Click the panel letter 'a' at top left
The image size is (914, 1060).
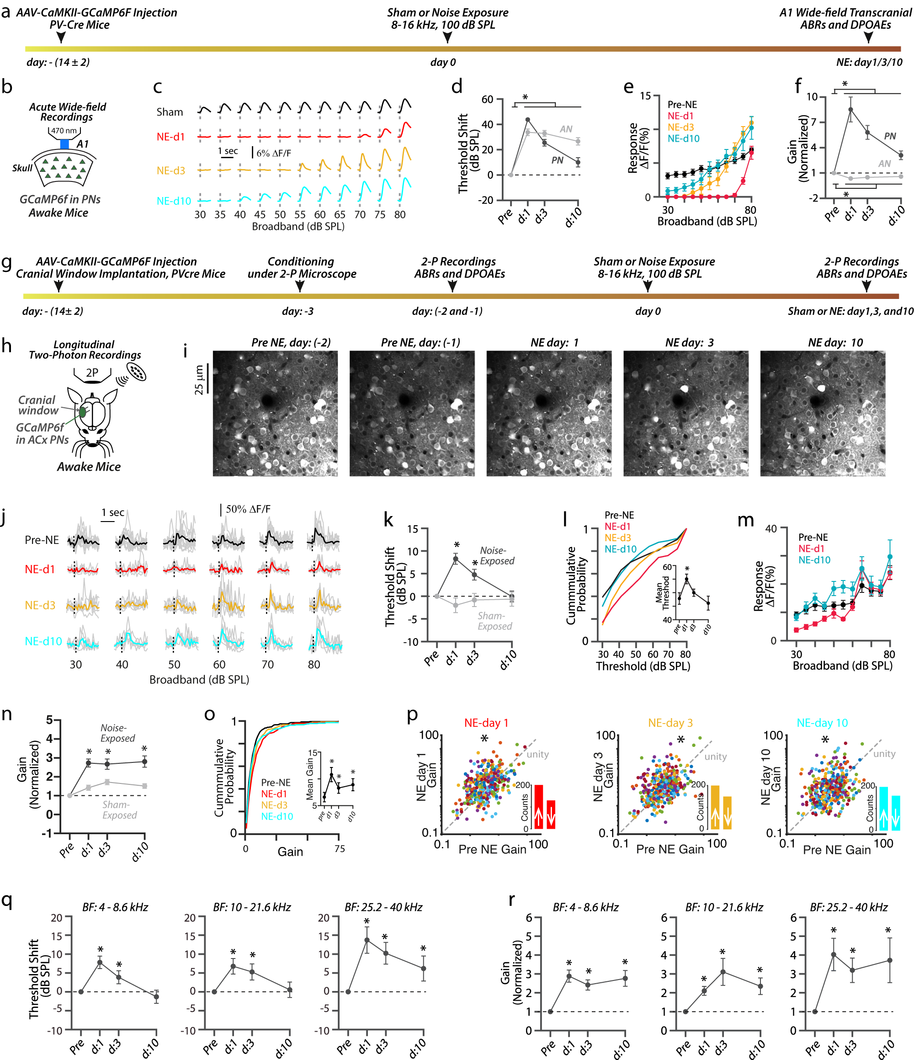pos(5,11)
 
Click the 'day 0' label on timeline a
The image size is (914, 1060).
pos(442,63)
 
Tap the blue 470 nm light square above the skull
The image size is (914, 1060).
pos(64,144)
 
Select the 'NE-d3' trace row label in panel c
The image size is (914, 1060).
pos(171,171)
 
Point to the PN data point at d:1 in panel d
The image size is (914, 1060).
pos(527,120)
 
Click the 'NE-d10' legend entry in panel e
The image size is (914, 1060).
pos(683,138)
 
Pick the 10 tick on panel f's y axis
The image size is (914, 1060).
pos(812,97)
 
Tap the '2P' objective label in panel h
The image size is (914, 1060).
pos(92,373)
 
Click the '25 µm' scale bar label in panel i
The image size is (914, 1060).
pos(199,379)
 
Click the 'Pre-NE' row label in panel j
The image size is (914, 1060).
pos(42,540)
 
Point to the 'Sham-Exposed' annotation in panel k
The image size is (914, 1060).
pos(494,621)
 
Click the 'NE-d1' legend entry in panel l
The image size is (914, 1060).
pos(617,527)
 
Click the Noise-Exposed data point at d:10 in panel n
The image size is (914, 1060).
pos(144,762)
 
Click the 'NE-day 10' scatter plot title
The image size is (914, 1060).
pos(822,723)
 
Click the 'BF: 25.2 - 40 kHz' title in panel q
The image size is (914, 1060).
pos(383,907)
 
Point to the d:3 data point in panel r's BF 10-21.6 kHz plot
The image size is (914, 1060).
pos(723,972)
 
